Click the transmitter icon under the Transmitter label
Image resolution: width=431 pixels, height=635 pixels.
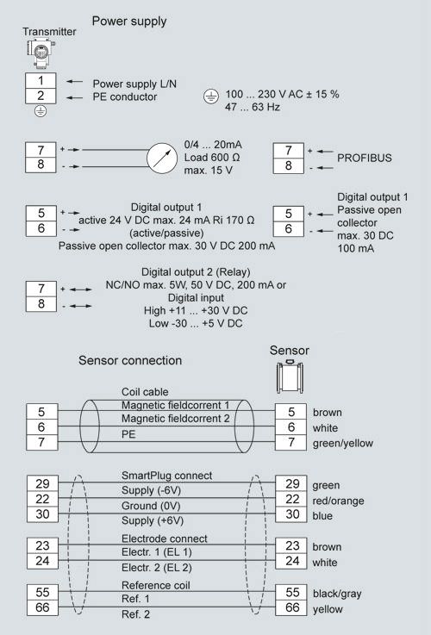[41, 52]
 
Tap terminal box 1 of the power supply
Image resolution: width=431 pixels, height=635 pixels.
[41, 81]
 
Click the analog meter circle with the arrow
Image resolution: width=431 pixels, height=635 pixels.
[162, 158]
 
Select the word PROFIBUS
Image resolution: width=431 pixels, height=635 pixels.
[364, 158]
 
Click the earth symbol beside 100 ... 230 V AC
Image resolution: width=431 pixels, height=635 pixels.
[210, 96]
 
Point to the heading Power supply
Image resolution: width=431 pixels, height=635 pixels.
[129, 21]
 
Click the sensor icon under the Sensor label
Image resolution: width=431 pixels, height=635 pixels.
[290, 377]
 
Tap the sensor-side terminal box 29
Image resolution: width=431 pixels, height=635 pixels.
[292, 483]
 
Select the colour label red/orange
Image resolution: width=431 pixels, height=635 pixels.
[338, 501]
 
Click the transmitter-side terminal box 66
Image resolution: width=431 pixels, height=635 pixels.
[42, 607]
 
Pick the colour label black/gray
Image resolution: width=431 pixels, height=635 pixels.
[337, 594]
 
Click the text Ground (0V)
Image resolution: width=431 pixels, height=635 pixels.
[151, 506]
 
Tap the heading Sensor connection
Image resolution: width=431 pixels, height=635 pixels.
[130, 360]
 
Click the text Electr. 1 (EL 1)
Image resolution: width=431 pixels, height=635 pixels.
[156, 552]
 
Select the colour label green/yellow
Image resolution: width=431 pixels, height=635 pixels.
[343, 444]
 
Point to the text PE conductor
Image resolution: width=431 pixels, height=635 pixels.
[125, 96]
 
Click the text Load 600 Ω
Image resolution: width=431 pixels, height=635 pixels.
[212, 158]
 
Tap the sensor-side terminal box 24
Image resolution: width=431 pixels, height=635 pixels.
[292, 561]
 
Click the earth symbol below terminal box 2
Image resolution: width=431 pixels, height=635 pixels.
[41, 111]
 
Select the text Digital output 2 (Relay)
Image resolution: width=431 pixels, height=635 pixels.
[196, 271]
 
